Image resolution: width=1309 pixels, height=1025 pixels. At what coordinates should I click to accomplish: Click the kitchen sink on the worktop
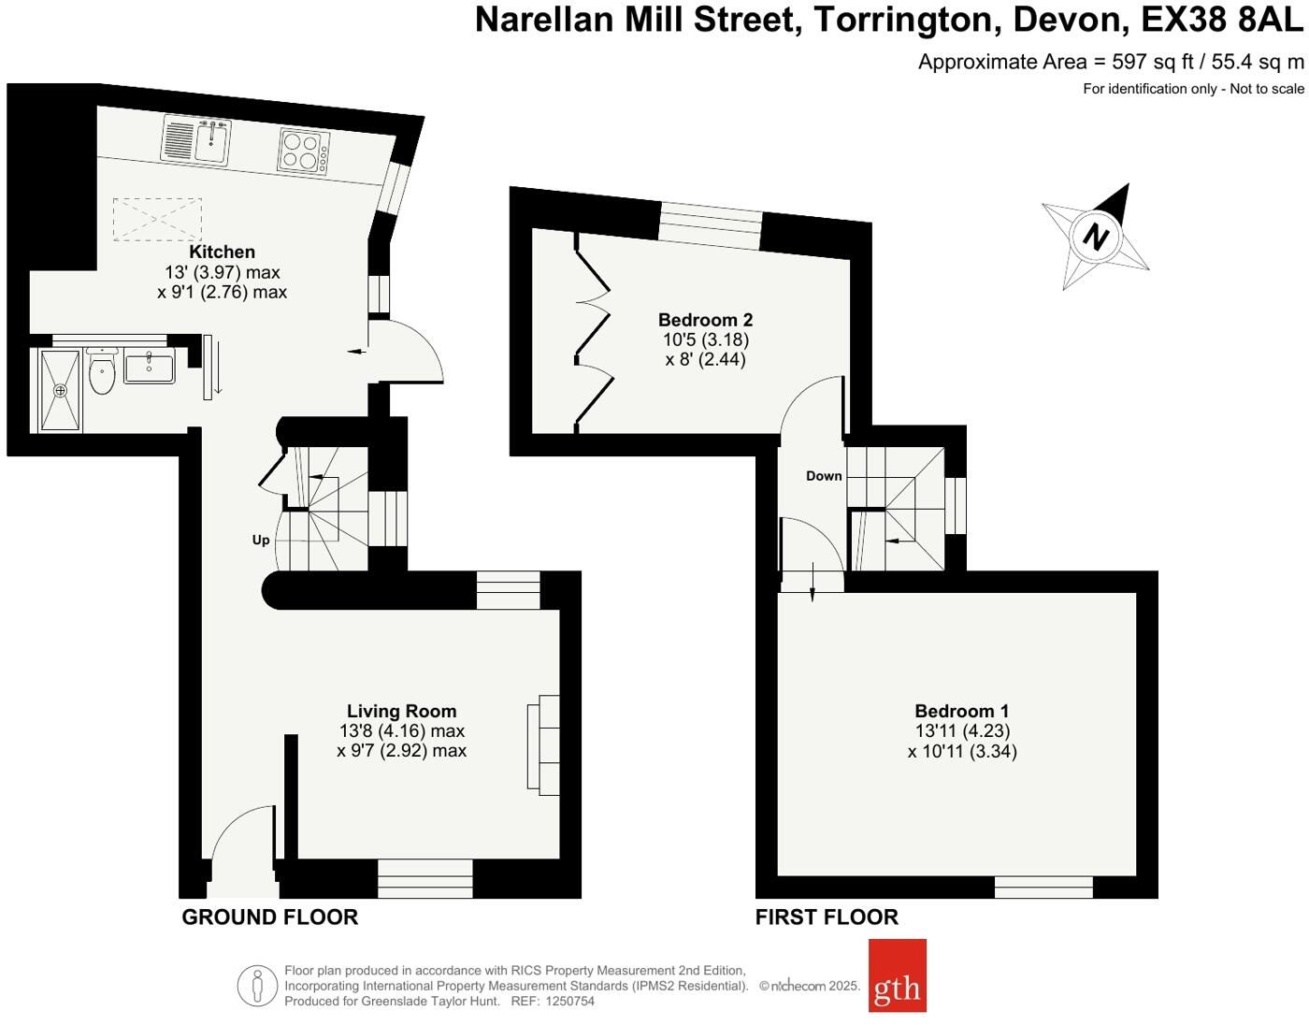[211, 141]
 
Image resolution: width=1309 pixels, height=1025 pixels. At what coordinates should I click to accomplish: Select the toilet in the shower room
[101, 373]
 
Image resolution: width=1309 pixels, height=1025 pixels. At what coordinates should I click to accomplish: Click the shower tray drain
[61, 390]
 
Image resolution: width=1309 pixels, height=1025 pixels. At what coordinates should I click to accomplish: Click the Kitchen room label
[222, 252]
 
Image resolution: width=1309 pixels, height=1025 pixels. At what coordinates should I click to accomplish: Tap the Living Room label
[401, 712]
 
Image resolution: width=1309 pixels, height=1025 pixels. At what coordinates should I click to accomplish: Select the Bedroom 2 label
[705, 320]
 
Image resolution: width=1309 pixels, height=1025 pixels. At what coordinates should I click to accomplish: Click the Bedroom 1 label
[961, 712]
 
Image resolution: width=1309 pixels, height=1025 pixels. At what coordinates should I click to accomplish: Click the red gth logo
[897, 975]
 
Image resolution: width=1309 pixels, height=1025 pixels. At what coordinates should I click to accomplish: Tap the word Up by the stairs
[261, 540]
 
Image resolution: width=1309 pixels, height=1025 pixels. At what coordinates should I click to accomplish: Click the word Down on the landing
[824, 476]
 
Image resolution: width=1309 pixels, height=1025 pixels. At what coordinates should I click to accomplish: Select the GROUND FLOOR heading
[269, 917]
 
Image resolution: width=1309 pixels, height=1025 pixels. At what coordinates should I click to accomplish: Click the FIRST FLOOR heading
[827, 917]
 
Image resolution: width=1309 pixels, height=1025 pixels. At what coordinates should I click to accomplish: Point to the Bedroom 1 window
[1043, 886]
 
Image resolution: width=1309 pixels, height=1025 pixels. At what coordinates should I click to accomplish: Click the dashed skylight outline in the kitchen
[157, 219]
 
